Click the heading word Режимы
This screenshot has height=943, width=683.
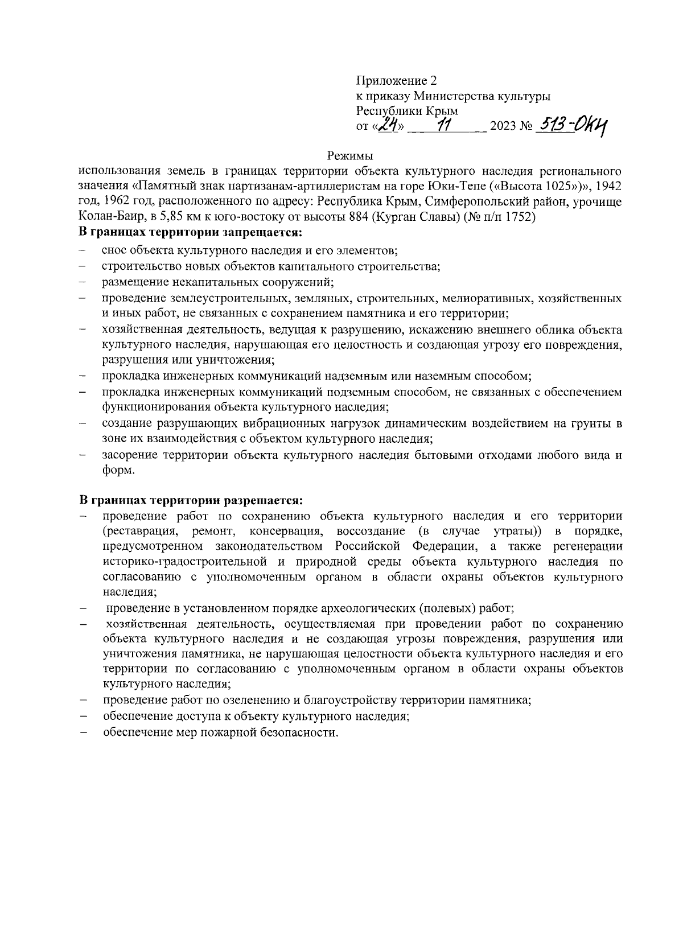click(350, 155)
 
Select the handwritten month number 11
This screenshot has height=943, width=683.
click(443, 125)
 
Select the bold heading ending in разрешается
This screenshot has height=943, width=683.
click(191, 500)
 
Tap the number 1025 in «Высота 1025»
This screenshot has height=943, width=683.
click(571, 186)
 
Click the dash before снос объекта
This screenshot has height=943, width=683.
click(83, 250)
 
